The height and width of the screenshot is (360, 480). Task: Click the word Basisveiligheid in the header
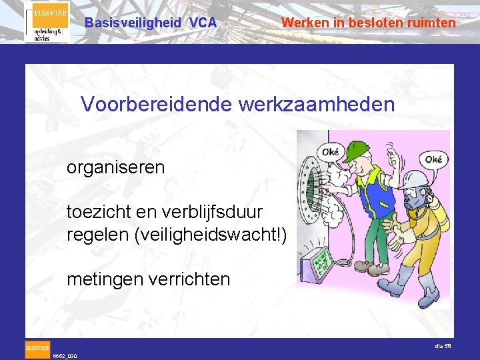(133, 23)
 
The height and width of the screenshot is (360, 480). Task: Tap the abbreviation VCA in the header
(203, 23)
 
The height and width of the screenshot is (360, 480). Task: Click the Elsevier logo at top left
(47, 22)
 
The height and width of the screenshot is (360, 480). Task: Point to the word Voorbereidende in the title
(154, 104)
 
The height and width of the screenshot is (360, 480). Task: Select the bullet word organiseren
(115, 167)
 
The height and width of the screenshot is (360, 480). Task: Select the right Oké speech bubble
(433, 160)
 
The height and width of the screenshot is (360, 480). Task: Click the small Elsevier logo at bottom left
(37, 348)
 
